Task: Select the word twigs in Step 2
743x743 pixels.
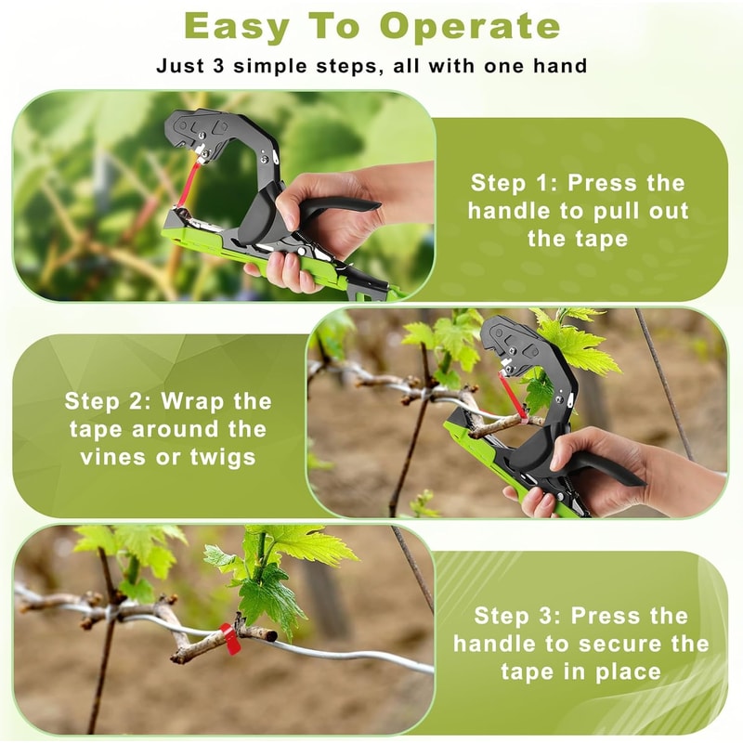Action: pos(229,458)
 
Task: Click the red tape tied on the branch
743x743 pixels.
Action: pos(227,639)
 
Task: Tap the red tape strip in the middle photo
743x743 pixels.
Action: pos(506,390)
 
